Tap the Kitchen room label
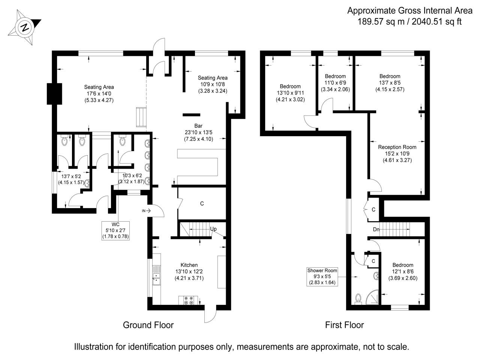(x=189, y=265)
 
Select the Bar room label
(x=198, y=126)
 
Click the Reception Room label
(x=397, y=147)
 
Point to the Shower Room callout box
(x=322, y=277)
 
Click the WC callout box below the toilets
(x=115, y=230)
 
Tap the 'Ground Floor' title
(x=148, y=325)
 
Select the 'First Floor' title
(x=344, y=325)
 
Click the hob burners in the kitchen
(x=188, y=300)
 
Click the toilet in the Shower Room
(x=358, y=298)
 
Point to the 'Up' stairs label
(x=213, y=229)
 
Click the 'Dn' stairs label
(x=376, y=229)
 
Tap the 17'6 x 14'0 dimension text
(x=99, y=94)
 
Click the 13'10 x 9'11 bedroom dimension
(x=290, y=93)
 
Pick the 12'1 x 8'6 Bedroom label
(x=403, y=265)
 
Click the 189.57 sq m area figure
(x=383, y=21)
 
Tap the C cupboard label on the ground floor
(x=202, y=204)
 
